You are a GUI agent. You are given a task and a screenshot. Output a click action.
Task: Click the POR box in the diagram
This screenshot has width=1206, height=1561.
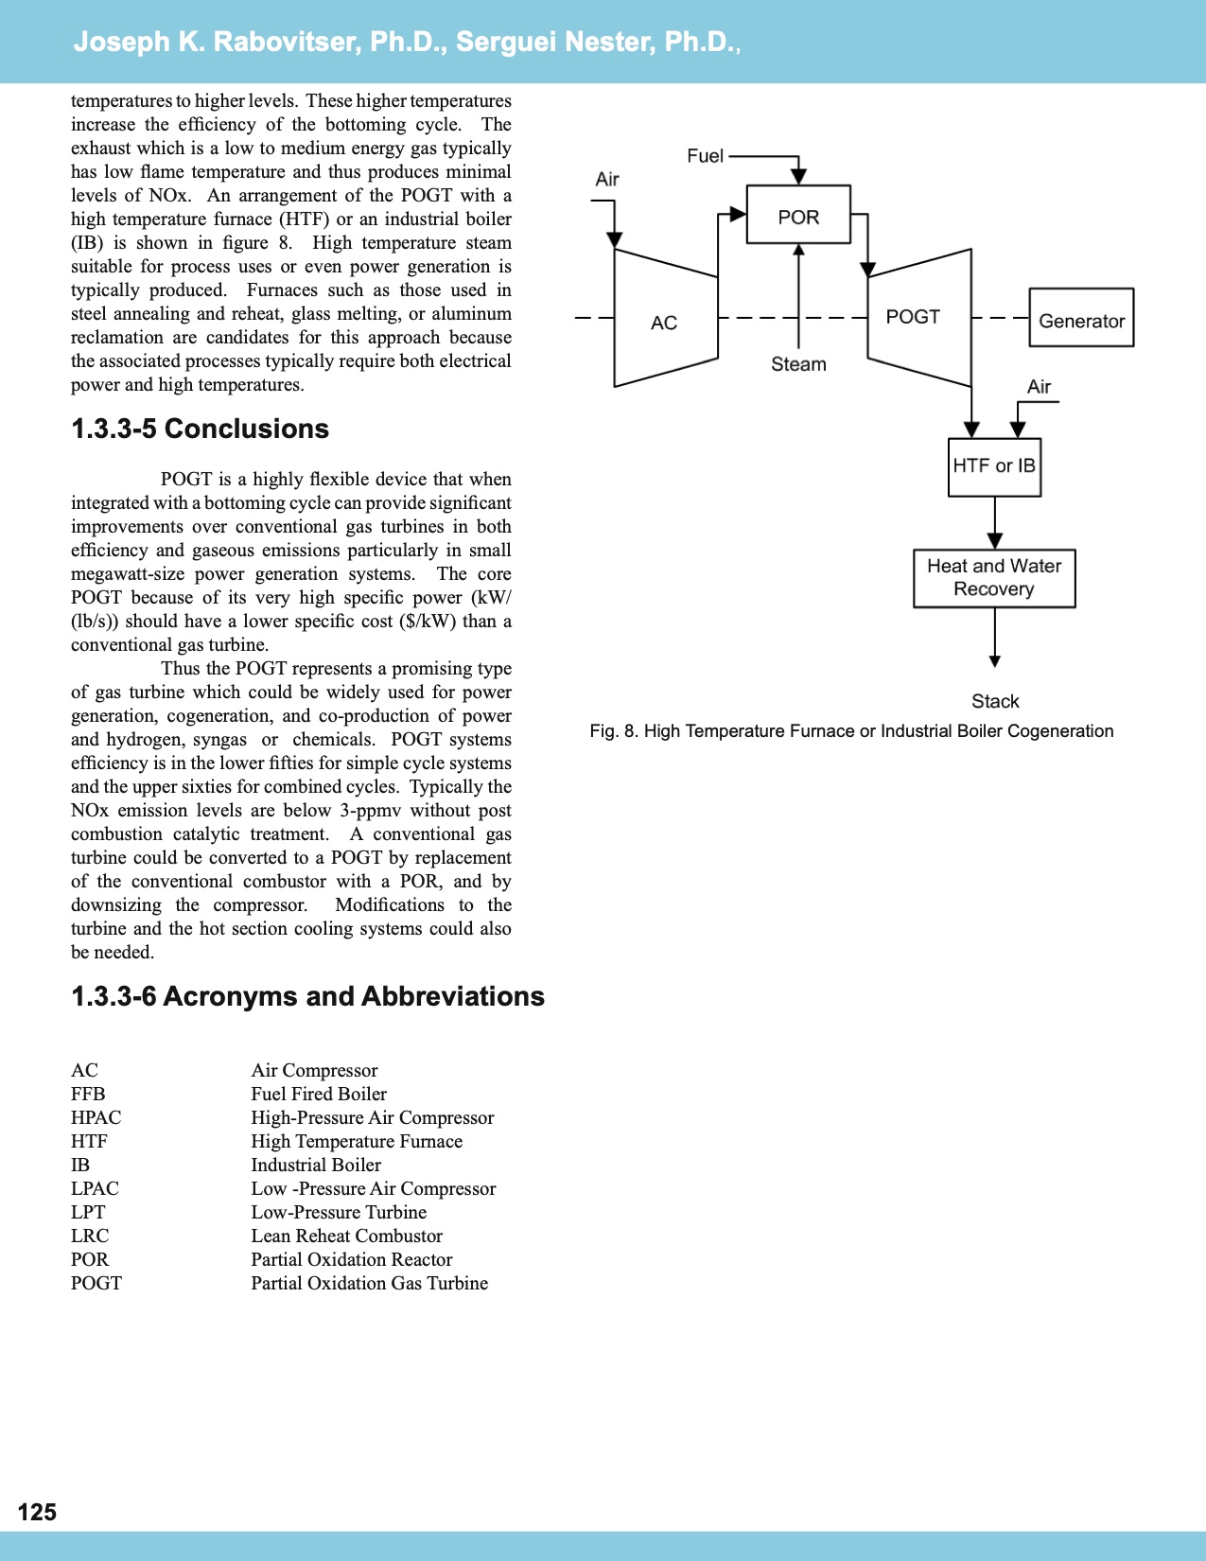pyautogui.click(x=798, y=216)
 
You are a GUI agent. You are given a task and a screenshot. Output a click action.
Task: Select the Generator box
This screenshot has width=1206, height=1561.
pyautogui.click(x=1081, y=319)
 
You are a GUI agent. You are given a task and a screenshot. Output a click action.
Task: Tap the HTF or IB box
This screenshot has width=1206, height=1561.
pyautogui.click(x=994, y=466)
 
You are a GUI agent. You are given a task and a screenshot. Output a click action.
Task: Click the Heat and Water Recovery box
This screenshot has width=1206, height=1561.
pyautogui.click(x=994, y=578)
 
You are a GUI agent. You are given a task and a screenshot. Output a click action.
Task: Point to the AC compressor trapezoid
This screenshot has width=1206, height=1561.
pyautogui.click(x=665, y=320)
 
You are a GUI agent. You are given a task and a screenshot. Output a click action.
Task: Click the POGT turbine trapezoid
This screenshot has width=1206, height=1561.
pyautogui.click(x=918, y=317)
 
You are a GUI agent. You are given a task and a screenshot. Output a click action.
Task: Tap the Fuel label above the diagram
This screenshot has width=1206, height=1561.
pyautogui.click(x=705, y=156)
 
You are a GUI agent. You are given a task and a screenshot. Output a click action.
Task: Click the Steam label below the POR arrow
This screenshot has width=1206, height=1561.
pyautogui.click(x=798, y=364)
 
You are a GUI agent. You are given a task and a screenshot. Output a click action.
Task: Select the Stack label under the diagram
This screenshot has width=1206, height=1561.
pyautogui.click(x=995, y=701)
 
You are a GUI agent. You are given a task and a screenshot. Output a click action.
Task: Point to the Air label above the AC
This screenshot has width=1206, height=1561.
pyautogui.click(x=607, y=180)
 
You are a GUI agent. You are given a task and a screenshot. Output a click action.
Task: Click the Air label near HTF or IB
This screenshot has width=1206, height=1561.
pyautogui.click(x=1039, y=387)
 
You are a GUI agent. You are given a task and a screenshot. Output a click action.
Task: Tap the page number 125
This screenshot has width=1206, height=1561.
pyautogui.click(x=37, y=1512)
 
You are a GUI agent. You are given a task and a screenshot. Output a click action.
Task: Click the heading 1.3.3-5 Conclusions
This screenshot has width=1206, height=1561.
pyautogui.click(x=200, y=429)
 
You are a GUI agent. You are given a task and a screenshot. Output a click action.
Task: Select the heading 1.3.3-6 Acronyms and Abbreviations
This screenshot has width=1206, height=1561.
pyautogui.click(x=307, y=996)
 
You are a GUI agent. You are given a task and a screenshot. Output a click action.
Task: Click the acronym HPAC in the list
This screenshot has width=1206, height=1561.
pyautogui.click(x=96, y=1117)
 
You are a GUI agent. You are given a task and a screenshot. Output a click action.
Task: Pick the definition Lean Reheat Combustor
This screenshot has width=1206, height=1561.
pyautogui.click(x=346, y=1236)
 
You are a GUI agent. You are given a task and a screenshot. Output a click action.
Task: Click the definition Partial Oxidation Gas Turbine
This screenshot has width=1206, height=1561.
pyautogui.click(x=369, y=1283)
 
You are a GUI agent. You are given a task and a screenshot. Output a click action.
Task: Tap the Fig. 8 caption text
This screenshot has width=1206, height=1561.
pyautogui.click(x=851, y=730)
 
